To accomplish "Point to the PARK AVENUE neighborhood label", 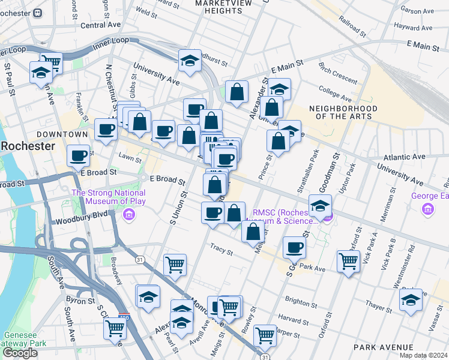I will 384,347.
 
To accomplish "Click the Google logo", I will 20,353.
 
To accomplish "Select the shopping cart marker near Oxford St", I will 348,261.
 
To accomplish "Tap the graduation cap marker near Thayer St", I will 411,300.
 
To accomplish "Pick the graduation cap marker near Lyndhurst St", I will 190,61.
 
